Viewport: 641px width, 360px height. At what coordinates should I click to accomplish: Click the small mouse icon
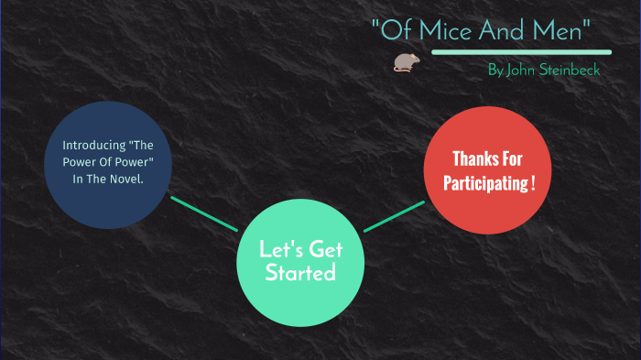coord(403,62)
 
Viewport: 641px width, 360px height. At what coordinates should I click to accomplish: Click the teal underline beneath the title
coord(521,51)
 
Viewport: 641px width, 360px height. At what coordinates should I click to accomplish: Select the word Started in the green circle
coord(300,273)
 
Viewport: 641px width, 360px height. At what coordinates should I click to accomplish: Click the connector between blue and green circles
coord(203,213)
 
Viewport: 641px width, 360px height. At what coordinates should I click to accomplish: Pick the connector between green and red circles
coord(395,215)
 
